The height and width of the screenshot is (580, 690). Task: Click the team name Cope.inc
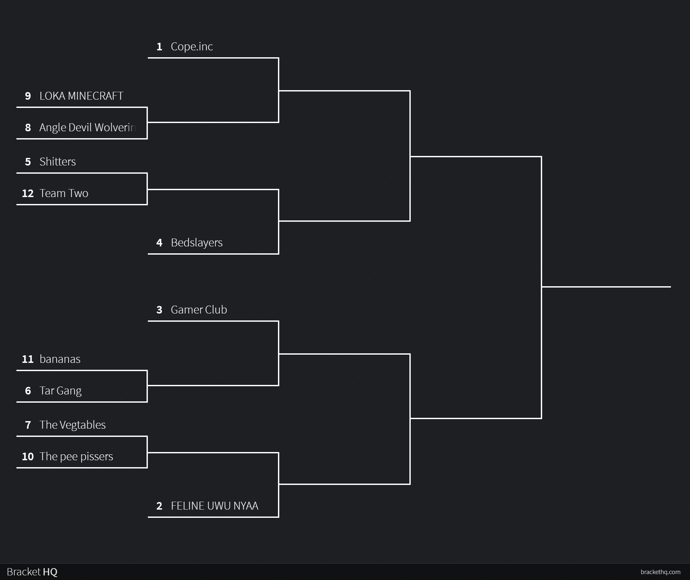coord(192,47)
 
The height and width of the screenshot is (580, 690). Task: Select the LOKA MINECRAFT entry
coord(81,96)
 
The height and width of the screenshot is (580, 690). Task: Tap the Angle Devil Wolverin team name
coord(87,128)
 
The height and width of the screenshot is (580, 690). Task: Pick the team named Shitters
coord(57,162)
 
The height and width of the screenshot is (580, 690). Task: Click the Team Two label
coord(64,193)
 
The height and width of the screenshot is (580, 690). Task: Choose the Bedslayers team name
coord(196,243)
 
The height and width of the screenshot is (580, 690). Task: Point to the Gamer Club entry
coord(199,310)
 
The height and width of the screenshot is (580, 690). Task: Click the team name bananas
coord(60,359)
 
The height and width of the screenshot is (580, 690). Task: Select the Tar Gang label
coord(60,391)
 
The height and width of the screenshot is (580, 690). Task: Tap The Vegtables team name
coord(73,425)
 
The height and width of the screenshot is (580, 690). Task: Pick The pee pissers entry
coord(76,457)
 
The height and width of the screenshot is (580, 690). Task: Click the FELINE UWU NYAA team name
coord(215,506)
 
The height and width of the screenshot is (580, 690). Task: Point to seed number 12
coord(28,193)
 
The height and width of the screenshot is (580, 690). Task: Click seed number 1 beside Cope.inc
coord(159,47)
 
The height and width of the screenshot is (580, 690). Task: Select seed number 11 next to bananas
coord(28,359)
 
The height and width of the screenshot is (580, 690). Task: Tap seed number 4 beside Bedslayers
coord(159,243)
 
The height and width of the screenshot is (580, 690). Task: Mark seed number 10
coord(28,457)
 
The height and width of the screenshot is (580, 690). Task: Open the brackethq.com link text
coord(660,572)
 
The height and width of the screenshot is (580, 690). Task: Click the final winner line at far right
coord(606,287)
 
